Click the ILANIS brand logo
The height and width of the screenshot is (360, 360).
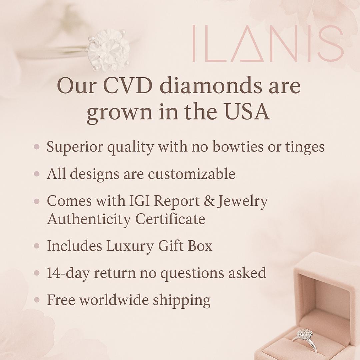pos(267,43)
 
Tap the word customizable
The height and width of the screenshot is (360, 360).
pos(191,174)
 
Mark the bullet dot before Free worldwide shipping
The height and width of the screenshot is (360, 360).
pos(37,300)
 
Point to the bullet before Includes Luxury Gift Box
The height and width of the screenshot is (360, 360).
pos(37,246)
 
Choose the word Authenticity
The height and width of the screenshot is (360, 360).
pos(89,219)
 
